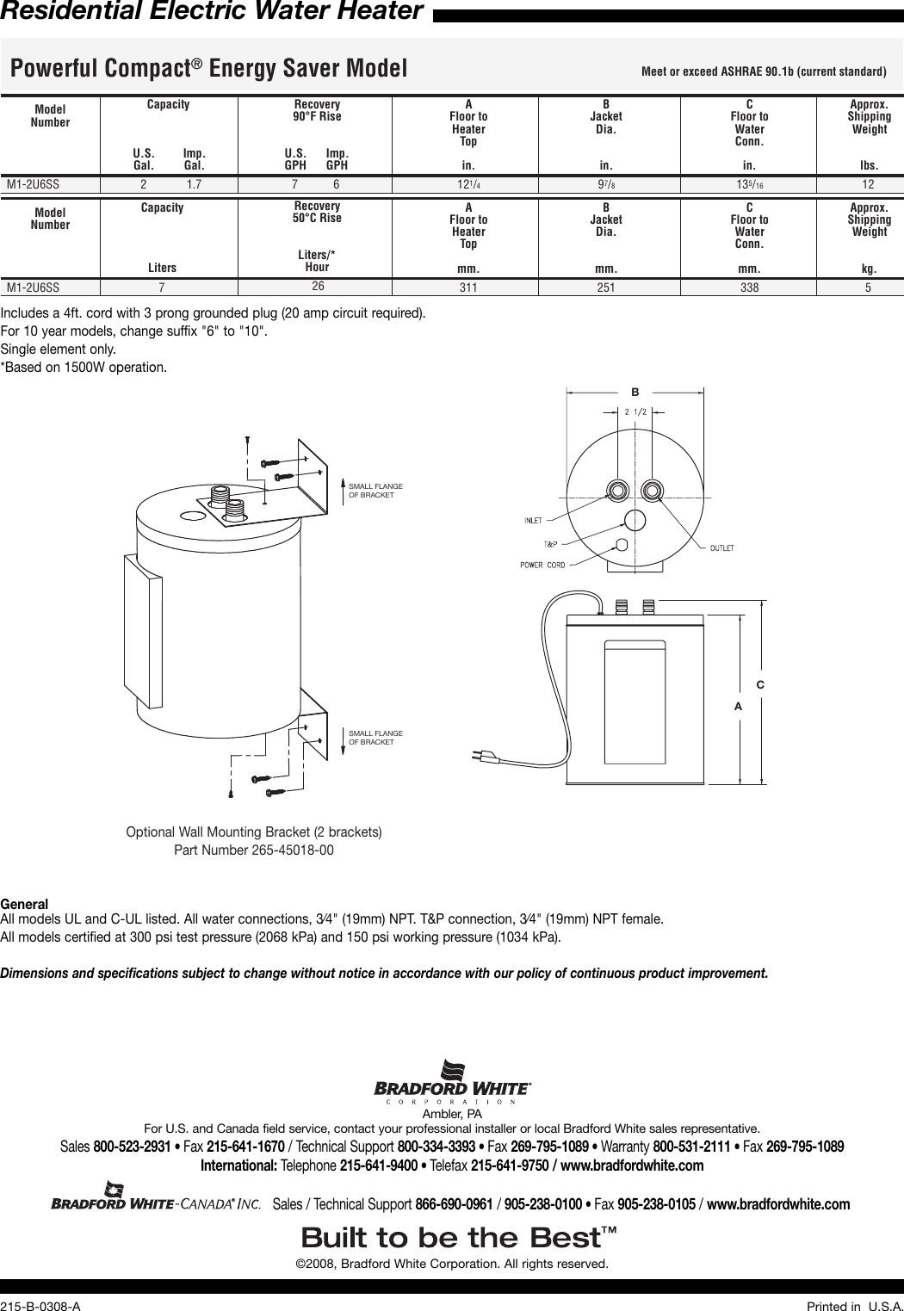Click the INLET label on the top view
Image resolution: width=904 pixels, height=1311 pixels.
pos(533,520)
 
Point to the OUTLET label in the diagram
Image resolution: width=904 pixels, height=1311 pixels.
pos(721,547)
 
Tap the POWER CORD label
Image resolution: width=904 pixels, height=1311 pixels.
pos(542,565)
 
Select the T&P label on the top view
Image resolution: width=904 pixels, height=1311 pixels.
pos(550,544)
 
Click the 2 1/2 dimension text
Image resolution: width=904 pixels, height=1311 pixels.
pos(635,411)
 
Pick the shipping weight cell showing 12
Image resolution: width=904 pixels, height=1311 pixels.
pos(868,184)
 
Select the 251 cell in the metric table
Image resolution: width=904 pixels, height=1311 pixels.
pos(606,288)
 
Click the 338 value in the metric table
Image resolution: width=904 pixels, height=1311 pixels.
pos(749,288)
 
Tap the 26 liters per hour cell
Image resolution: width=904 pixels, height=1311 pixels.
pos(318,286)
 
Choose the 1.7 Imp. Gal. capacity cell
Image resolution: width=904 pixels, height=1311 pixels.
pos(194,184)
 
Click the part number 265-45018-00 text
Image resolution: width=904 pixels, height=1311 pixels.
pos(254,850)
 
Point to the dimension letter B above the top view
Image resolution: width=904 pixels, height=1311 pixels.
pos(635,393)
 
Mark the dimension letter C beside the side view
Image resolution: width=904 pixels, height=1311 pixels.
pos(760,684)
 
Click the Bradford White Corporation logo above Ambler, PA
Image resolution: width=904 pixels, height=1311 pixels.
pos(452,1081)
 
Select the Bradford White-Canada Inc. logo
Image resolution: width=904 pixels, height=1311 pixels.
pos(155,1197)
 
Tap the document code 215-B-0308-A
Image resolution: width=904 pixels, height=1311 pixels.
pos(40,1306)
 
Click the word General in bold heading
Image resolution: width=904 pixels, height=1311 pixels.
pos(24,904)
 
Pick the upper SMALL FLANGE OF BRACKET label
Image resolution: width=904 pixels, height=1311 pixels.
pos(375,491)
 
